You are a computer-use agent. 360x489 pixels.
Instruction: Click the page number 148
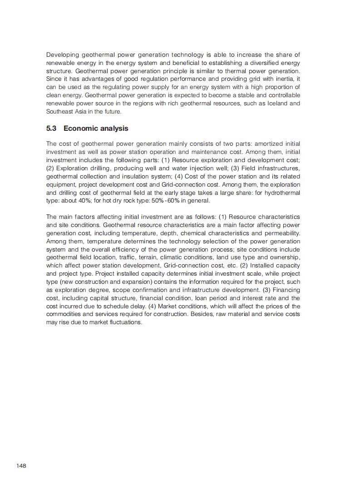[x=21, y=466]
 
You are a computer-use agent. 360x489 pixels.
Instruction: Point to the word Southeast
[x=60, y=111]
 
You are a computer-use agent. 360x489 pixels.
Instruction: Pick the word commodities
[x=66, y=314]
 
